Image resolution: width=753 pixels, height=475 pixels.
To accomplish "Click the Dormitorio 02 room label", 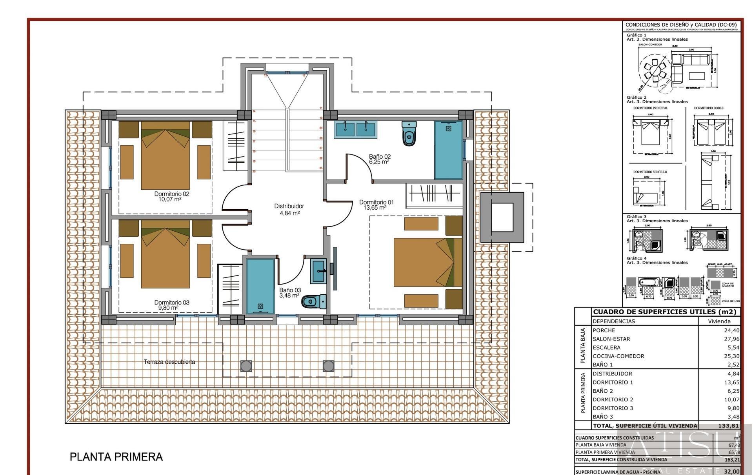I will pyautogui.click(x=171, y=196).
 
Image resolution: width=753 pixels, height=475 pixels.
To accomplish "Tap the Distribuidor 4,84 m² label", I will pyautogui.click(x=289, y=209).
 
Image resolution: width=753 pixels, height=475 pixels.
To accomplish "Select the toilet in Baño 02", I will pyautogui.click(x=409, y=133).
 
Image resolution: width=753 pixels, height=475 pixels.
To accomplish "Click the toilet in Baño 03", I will pyautogui.click(x=314, y=301).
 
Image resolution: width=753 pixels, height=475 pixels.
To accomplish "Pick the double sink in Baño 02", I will pyautogui.click(x=356, y=129).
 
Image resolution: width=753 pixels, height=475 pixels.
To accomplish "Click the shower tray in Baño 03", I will pyautogui.click(x=260, y=286).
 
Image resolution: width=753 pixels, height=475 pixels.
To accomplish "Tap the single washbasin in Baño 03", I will pyautogui.click(x=318, y=271).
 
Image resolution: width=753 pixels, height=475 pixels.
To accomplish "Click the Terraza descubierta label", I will pyautogui.click(x=169, y=362).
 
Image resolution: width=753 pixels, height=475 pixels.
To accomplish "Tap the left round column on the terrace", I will pyautogui.click(x=246, y=366).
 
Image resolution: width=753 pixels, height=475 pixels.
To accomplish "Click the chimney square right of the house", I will pyautogui.click(x=502, y=217).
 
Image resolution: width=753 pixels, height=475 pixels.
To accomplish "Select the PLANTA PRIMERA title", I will pyautogui.click(x=116, y=457).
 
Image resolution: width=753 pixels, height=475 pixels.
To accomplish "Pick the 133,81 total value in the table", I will pyautogui.click(x=728, y=426).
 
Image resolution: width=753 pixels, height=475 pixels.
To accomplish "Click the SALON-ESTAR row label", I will pyautogui.click(x=611, y=339).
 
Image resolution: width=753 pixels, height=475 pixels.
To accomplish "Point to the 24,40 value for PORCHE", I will pyautogui.click(x=731, y=330).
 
